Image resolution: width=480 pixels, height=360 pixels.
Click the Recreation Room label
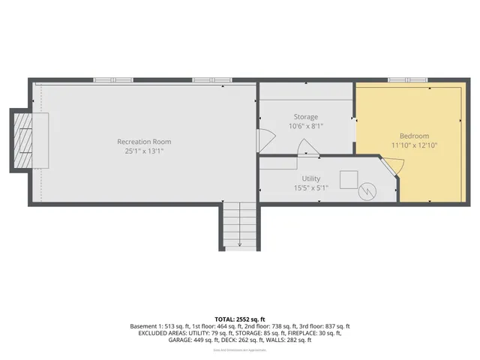point(144,142)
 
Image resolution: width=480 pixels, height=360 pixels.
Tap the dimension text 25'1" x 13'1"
point(144,151)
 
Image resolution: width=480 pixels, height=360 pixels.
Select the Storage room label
point(305,117)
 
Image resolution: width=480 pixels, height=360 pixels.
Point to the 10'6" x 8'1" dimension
point(305,126)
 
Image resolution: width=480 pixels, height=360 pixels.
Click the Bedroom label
point(409,136)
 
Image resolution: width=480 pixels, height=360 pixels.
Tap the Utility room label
point(310,178)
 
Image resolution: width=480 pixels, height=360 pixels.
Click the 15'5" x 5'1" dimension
point(310,187)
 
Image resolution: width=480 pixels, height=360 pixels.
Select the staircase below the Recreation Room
point(239,225)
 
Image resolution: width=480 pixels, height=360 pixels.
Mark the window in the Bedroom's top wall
point(407,79)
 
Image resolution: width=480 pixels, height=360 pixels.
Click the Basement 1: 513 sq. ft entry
point(160,326)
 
